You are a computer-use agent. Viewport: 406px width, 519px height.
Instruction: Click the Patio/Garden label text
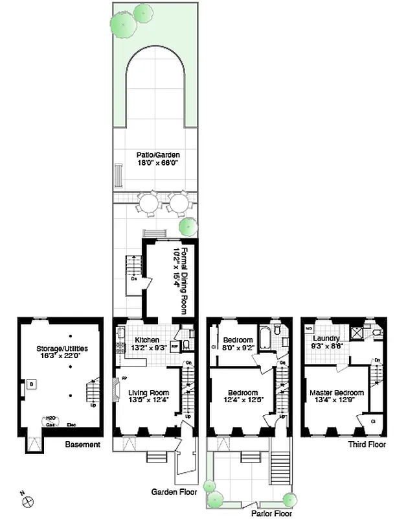(x=157, y=155)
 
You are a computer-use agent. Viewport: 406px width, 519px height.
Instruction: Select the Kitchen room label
(x=146, y=340)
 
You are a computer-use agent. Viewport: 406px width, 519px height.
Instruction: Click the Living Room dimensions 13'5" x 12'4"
(x=148, y=401)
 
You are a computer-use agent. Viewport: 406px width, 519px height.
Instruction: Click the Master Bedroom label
(x=336, y=392)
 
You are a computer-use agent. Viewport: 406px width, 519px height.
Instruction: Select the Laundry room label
(x=326, y=339)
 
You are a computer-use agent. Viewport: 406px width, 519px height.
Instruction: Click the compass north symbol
(x=28, y=500)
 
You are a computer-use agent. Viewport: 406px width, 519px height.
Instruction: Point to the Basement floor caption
(x=82, y=444)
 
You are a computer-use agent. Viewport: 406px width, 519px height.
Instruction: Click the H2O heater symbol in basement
(x=49, y=419)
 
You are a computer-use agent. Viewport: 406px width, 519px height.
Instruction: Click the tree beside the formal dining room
(x=188, y=226)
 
